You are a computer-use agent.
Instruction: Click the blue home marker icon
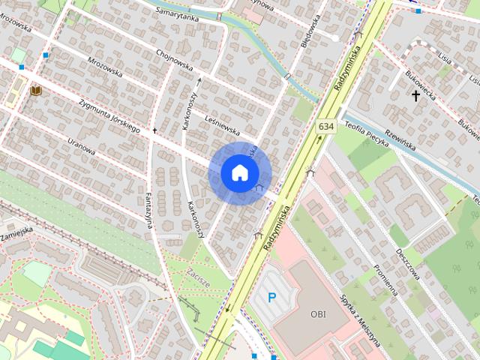(238, 172)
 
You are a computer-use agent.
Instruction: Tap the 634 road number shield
(325, 127)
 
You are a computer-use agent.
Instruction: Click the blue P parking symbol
(272, 298)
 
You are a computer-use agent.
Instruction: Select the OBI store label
(318, 313)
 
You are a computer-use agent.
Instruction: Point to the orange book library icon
(35, 91)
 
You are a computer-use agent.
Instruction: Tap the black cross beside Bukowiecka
(415, 95)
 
